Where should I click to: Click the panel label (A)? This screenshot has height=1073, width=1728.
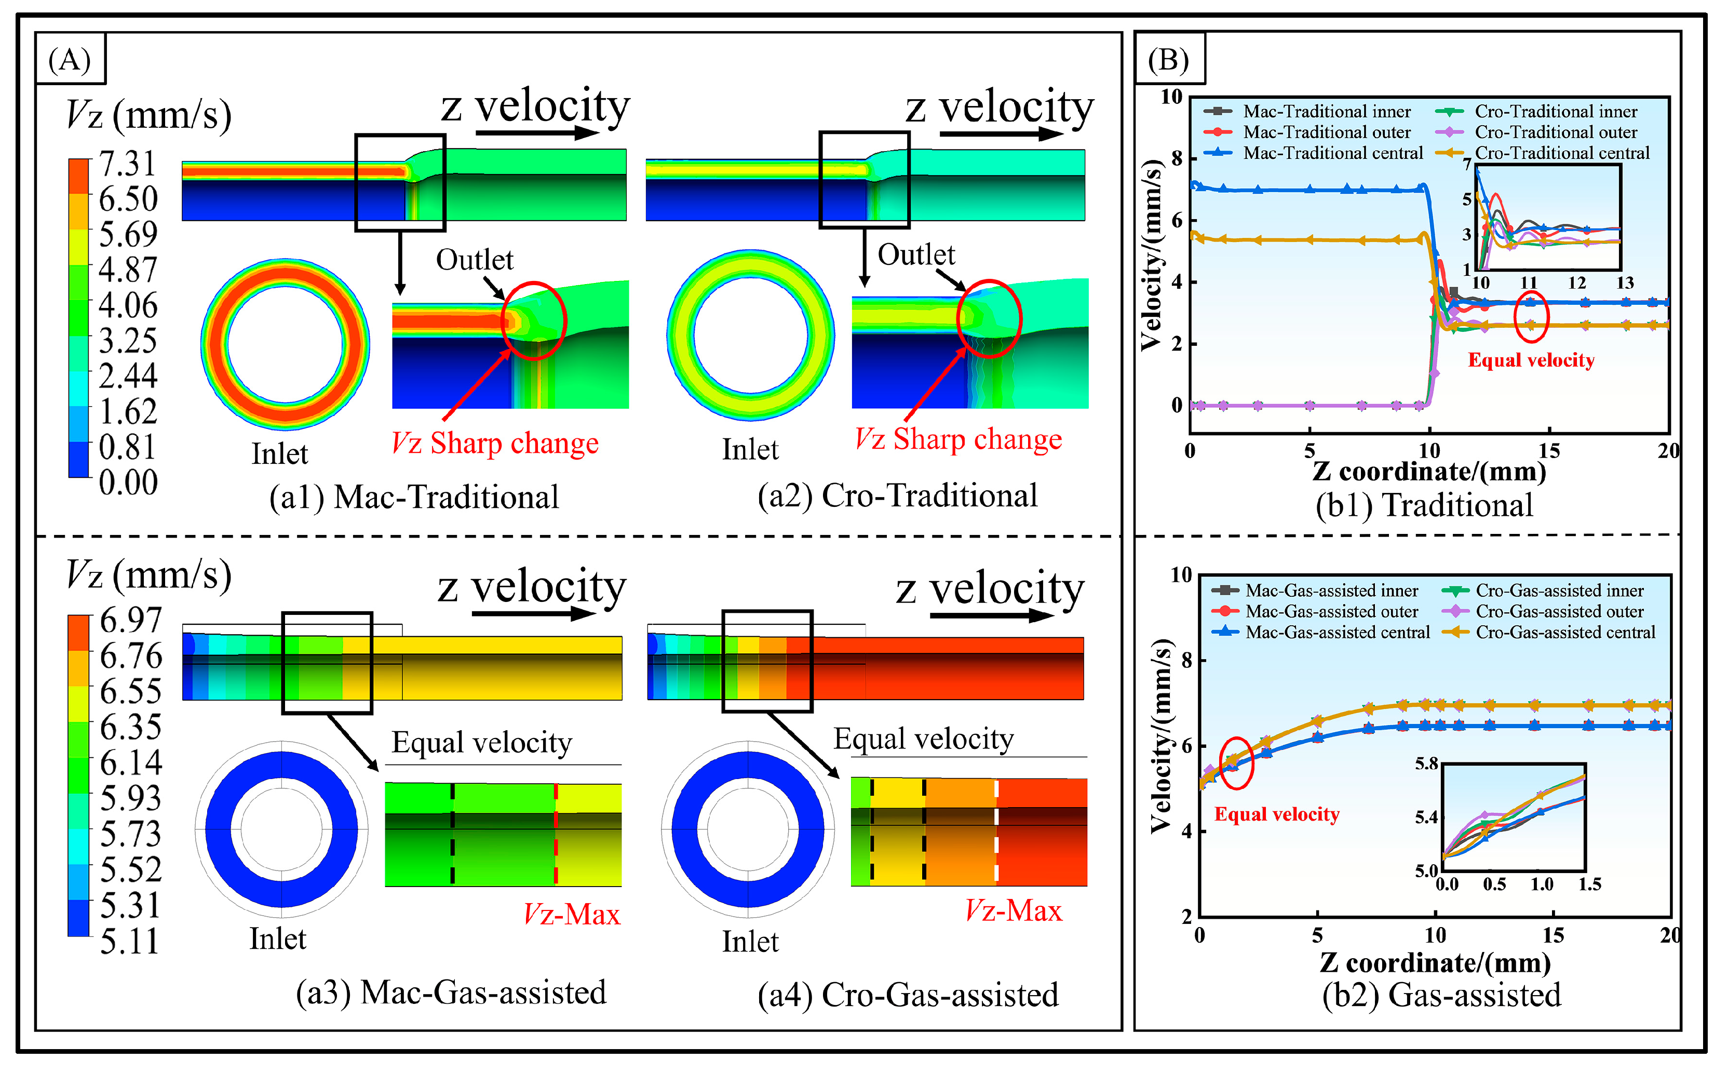coord(70,60)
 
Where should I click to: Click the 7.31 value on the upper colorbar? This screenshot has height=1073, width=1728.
coord(128,164)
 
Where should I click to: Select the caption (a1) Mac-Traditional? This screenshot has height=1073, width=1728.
coord(413,497)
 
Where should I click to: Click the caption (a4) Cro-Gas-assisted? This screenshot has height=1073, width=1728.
coord(908,995)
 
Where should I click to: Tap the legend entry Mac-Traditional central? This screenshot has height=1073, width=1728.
coord(1332,153)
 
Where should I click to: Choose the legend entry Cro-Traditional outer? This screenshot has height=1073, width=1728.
coord(1555,132)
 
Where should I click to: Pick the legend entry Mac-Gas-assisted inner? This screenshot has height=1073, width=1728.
coord(1331,591)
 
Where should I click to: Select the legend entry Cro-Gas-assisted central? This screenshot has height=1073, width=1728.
coord(1565,632)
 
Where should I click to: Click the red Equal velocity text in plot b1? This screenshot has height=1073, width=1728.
coord(1531,360)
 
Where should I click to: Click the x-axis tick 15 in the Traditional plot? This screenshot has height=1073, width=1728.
coord(1548,451)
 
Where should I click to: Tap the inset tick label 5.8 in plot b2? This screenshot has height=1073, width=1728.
coord(1426,763)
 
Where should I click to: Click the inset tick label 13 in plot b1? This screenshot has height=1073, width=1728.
coord(1625,283)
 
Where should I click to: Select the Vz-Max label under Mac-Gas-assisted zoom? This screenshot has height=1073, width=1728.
coord(572,914)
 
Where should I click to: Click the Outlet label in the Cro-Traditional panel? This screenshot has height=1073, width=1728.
coord(916,255)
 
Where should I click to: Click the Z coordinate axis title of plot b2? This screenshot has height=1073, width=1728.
coord(1434,963)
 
